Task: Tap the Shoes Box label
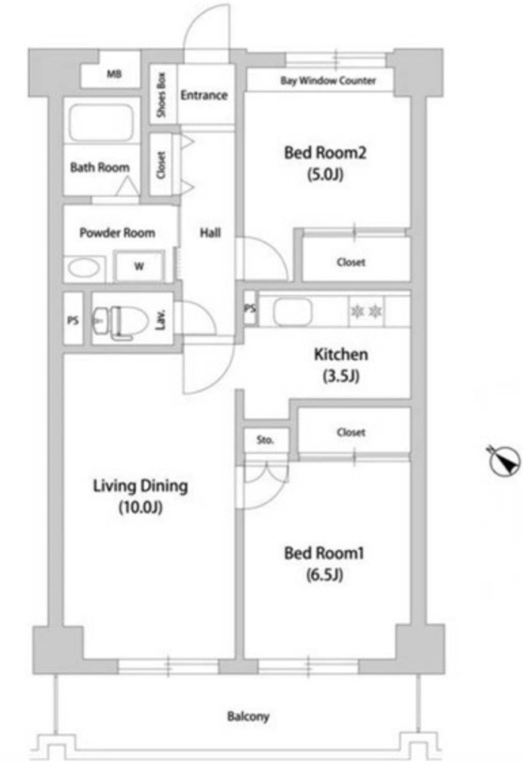point(162,95)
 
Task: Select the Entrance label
point(204,94)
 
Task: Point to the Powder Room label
point(117,233)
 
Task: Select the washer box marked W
point(139,266)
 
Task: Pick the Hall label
point(210,233)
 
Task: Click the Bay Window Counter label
point(328,80)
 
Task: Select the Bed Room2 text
point(325,152)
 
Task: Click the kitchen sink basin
point(293,312)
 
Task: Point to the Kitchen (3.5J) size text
point(340,377)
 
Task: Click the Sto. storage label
point(265,440)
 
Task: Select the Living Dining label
point(140,486)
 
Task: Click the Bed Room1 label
point(324,553)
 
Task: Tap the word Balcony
point(248,716)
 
